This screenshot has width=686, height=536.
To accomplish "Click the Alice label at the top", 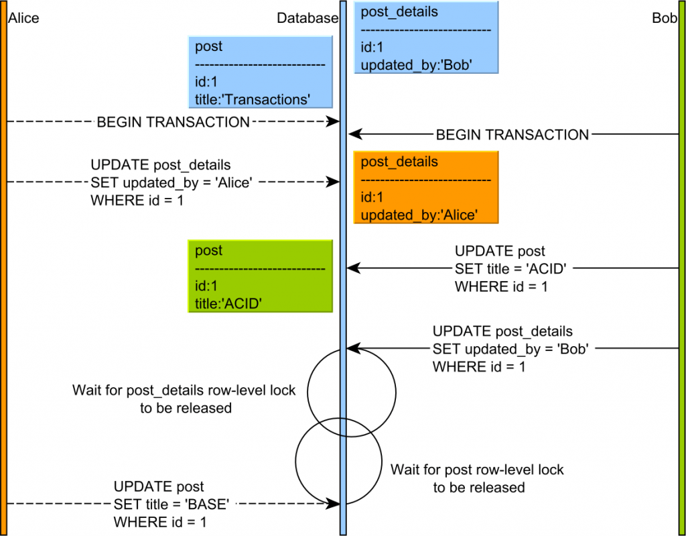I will [x=23, y=18].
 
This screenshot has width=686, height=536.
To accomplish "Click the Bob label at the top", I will [x=664, y=18].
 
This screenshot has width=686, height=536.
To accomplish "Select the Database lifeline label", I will [x=307, y=18].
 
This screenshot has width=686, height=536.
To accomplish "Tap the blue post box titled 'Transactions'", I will [x=261, y=72].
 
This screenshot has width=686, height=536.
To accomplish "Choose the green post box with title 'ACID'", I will [x=261, y=276].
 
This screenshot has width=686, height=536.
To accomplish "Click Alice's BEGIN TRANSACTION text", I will [x=173, y=122].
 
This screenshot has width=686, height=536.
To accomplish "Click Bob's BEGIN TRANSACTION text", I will [x=512, y=135].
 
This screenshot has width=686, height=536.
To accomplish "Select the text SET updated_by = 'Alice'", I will [x=171, y=182].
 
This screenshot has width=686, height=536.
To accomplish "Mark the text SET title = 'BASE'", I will [x=176, y=503].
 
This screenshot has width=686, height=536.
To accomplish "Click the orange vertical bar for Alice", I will [x=4, y=268].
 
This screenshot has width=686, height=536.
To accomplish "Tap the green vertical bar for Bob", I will [x=681, y=268].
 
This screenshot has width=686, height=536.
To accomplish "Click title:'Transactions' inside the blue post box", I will [x=252, y=99].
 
